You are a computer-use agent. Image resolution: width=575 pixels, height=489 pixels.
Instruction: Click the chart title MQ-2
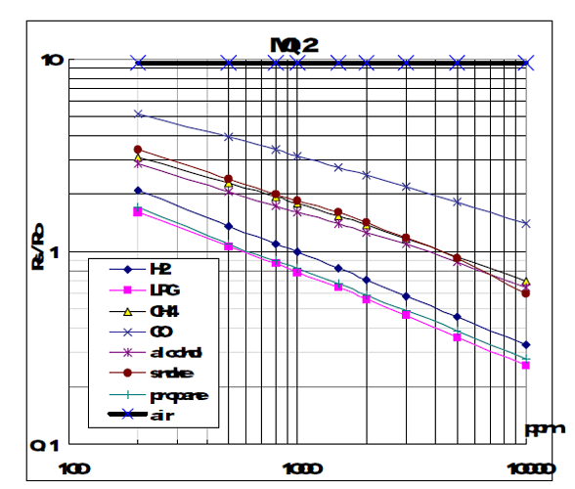pos(296,44)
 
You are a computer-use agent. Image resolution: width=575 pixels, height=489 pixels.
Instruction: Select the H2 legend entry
pos(157,269)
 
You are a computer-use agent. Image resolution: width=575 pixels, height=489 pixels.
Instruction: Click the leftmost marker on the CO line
pos(139,114)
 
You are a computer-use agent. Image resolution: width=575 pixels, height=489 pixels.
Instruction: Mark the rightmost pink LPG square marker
pos(525,365)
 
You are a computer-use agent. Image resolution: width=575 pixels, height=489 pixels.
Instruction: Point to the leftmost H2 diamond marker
pos(139,191)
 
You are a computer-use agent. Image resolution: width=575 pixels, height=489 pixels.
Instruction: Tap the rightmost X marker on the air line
pos(526,62)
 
